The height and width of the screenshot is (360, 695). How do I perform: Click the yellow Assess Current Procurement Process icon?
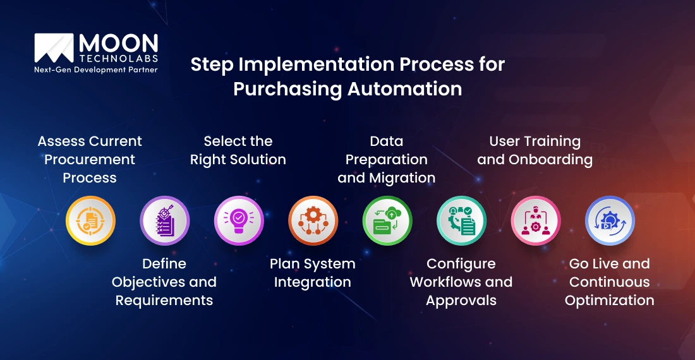[90, 220]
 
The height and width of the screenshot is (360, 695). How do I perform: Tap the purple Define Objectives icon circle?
[164, 220]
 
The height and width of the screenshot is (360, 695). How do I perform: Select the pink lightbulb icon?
[239, 220]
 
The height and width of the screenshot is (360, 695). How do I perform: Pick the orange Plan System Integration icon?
[313, 220]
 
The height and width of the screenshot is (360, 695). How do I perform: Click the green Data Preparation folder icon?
[387, 220]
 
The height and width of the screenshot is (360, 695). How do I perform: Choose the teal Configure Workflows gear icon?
[461, 220]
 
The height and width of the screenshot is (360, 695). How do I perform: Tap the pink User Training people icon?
[536, 220]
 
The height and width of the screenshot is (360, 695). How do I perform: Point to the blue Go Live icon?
[610, 220]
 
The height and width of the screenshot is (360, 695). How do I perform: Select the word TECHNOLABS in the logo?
[118, 58]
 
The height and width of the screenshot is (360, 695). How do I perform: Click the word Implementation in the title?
[306, 64]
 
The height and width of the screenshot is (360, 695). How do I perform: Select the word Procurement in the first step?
[90, 160]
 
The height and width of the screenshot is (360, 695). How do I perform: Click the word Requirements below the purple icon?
[164, 301]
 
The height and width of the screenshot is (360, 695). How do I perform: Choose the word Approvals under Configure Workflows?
[461, 301]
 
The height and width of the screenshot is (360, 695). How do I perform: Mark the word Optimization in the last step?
[610, 301]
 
